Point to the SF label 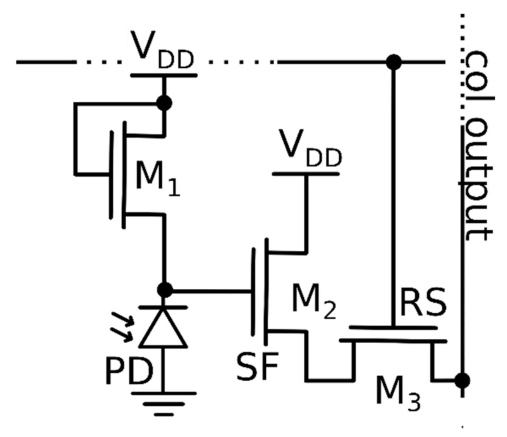pyautogui.click(x=257, y=366)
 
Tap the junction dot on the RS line pyautogui.click(x=394, y=62)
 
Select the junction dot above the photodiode pyautogui.click(x=164, y=290)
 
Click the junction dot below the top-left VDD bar pyautogui.click(x=164, y=103)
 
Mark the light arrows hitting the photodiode pyautogui.click(x=123, y=327)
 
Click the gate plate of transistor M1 pyautogui.click(x=112, y=174)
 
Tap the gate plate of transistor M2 pyautogui.click(x=253, y=291)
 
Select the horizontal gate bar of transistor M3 pyautogui.click(x=393, y=327)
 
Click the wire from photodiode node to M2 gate pyautogui.click(x=211, y=290)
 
